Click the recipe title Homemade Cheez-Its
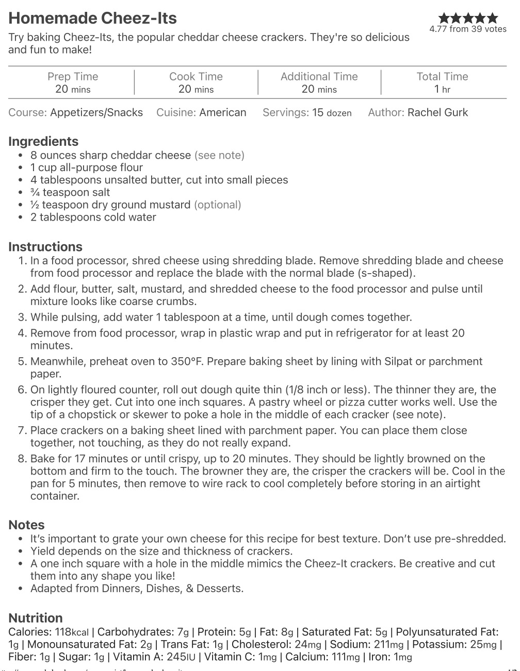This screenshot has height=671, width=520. (92, 18)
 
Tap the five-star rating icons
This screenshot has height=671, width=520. (468, 18)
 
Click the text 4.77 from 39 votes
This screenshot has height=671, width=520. (468, 29)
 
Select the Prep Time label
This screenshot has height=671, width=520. (73, 77)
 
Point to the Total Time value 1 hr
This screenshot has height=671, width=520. (442, 89)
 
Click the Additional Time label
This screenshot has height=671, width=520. (319, 77)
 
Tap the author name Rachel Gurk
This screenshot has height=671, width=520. (437, 112)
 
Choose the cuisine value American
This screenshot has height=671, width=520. (223, 112)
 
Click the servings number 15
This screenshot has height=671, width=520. (318, 112)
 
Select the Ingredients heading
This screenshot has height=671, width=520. (43, 141)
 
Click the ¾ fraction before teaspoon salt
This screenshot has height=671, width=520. (35, 192)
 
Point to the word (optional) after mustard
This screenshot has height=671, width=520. (217, 205)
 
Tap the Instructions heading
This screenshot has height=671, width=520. (45, 246)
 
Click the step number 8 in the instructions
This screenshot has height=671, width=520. (22, 459)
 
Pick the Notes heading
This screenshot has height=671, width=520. (26, 525)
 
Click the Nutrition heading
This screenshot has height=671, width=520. (36, 618)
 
